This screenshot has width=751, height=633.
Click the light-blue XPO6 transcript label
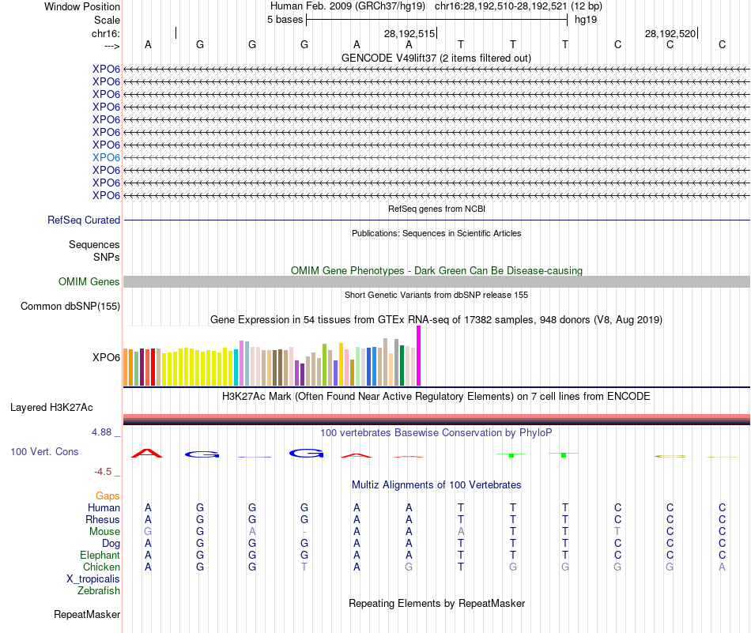coord(106,157)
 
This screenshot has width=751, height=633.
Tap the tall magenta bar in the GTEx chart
coord(419,356)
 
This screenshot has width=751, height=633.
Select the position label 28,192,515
coord(409,33)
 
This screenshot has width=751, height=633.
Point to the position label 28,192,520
coord(670,33)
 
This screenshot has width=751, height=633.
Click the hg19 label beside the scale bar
coord(586,19)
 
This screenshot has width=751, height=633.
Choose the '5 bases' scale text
coord(285,19)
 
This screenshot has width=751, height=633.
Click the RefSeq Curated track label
coord(84,220)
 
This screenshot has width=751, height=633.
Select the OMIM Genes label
coord(89,281)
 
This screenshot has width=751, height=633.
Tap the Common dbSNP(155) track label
coord(70,306)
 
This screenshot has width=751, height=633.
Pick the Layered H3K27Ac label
coord(51,408)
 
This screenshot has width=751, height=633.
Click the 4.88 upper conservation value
coord(103,432)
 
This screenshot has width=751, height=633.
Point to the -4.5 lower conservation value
coord(104,472)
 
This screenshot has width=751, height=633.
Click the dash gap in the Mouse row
coord(304,532)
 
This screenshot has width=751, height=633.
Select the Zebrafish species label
coord(99,590)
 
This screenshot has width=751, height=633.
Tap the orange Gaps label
coord(108,495)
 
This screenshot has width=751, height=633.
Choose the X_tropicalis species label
coord(93,578)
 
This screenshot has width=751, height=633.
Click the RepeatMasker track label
coord(87,614)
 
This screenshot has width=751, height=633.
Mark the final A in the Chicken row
coord(722,567)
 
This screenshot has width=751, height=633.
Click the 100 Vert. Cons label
coord(44,451)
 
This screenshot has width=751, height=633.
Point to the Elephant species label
coord(100,555)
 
